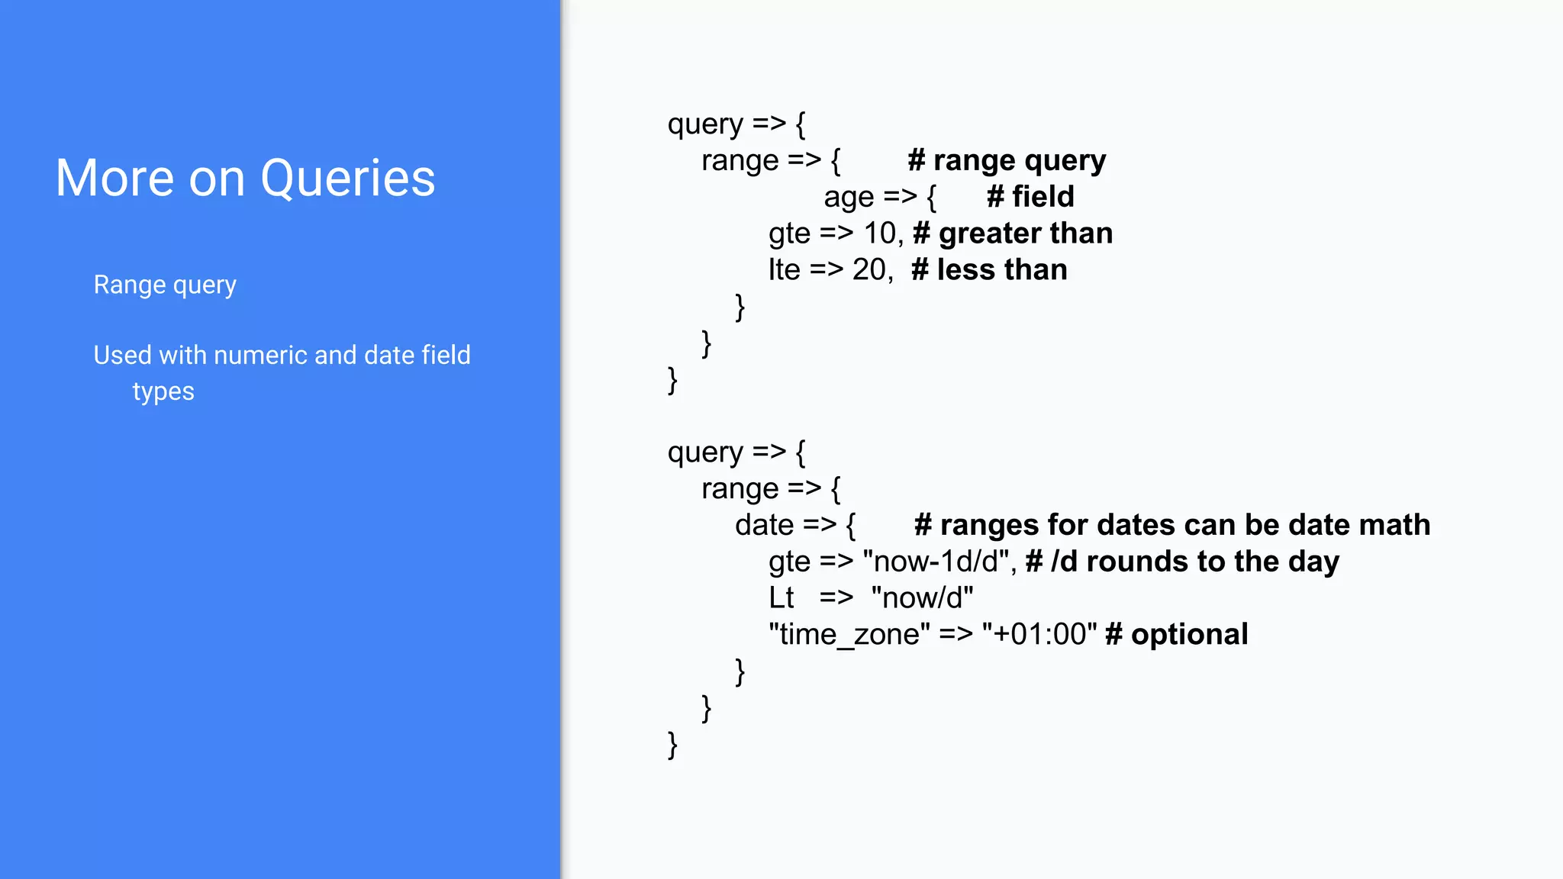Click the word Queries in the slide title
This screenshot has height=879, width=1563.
point(347,179)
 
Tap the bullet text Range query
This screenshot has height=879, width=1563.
point(165,285)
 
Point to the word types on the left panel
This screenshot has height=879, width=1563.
point(163,391)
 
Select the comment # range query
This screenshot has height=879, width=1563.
point(1006,161)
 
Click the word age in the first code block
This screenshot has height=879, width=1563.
point(848,198)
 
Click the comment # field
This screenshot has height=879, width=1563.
point(1030,198)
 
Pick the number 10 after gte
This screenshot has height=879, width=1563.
point(879,233)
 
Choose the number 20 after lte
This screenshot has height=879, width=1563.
point(869,270)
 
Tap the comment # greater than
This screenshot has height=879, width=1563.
point(1012,233)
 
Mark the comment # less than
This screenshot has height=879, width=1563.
point(989,270)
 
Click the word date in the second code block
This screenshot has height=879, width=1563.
point(764,526)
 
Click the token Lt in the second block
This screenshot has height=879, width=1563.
point(781,598)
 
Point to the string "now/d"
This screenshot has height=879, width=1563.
point(922,598)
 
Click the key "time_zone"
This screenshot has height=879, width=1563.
point(849,635)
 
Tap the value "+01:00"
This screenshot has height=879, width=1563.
point(1039,635)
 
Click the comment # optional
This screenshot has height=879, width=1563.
point(1176,635)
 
